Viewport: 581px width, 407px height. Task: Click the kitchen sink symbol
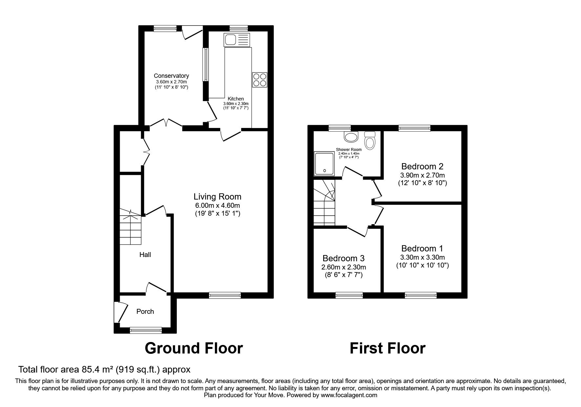pos(237,40)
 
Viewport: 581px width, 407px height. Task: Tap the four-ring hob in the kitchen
pos(259,80)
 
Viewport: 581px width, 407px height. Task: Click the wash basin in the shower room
pos(351,137)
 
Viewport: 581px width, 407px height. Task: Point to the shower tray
pos(324,163)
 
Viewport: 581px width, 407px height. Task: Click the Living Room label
pos(218,197)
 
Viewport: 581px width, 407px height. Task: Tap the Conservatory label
pos(171,76)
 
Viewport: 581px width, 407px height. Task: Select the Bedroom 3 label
pos(343,258)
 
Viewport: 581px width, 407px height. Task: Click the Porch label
pos(145,311)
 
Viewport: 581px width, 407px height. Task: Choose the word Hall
pos(145,254)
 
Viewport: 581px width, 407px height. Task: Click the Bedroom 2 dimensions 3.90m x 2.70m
pos(423,175)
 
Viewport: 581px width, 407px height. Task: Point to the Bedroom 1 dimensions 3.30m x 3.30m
pos(423,257)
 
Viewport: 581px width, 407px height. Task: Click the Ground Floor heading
pos(194,348)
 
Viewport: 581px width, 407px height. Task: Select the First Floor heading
pos(387,348)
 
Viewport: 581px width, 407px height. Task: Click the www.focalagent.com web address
pos(349,395)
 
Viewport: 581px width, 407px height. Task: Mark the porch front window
pos(146,330)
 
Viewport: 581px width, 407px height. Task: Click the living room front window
pos(225,295)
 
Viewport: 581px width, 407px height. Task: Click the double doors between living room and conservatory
pos(166,123)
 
